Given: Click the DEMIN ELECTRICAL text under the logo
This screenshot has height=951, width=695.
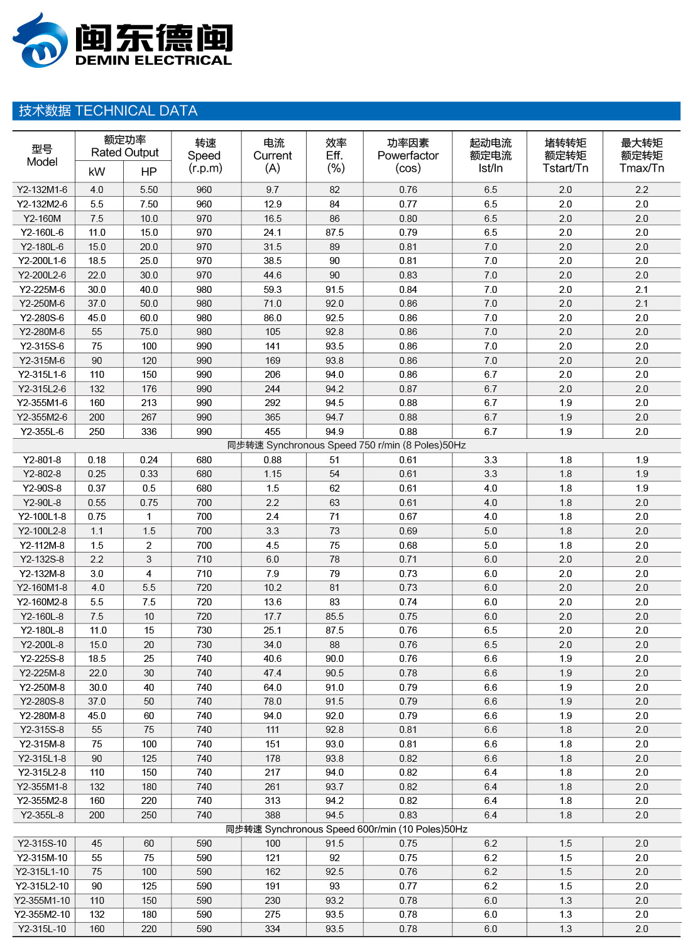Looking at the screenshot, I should coord(153,60).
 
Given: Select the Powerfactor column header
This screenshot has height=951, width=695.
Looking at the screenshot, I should coord(408,155).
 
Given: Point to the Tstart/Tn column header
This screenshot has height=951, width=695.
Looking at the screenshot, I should coord(566,155).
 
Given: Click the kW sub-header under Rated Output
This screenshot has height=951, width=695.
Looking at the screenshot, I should coord(97,172).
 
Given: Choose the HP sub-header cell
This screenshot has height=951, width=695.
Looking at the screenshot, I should coord(149,172).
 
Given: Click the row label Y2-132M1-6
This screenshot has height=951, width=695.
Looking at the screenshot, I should coord(42,190).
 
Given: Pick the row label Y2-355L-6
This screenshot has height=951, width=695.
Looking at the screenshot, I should coord(42,432).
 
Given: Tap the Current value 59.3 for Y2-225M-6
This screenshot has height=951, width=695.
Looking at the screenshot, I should coord(273,290).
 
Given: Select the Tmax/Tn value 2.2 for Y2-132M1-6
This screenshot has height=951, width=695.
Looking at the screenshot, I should coord(642,190).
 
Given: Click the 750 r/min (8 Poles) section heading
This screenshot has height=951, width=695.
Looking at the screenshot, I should coord(346,446).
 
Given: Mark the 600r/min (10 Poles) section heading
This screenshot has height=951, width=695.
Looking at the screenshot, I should coord(346,830).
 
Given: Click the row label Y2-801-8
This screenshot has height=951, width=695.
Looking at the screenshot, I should coord(42,460).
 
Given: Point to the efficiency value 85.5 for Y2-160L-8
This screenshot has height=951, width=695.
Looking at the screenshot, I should coord(334,617).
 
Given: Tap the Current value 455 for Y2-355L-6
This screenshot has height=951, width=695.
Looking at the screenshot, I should coord(273,432).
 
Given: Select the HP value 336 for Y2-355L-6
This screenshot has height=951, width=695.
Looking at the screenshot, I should coord(149,432).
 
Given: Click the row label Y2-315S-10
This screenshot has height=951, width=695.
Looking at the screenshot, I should coord(42,844).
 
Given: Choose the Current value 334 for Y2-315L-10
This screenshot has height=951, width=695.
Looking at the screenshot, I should coord(273,929).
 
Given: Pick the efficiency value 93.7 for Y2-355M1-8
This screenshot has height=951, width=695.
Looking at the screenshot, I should coord(334,787).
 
